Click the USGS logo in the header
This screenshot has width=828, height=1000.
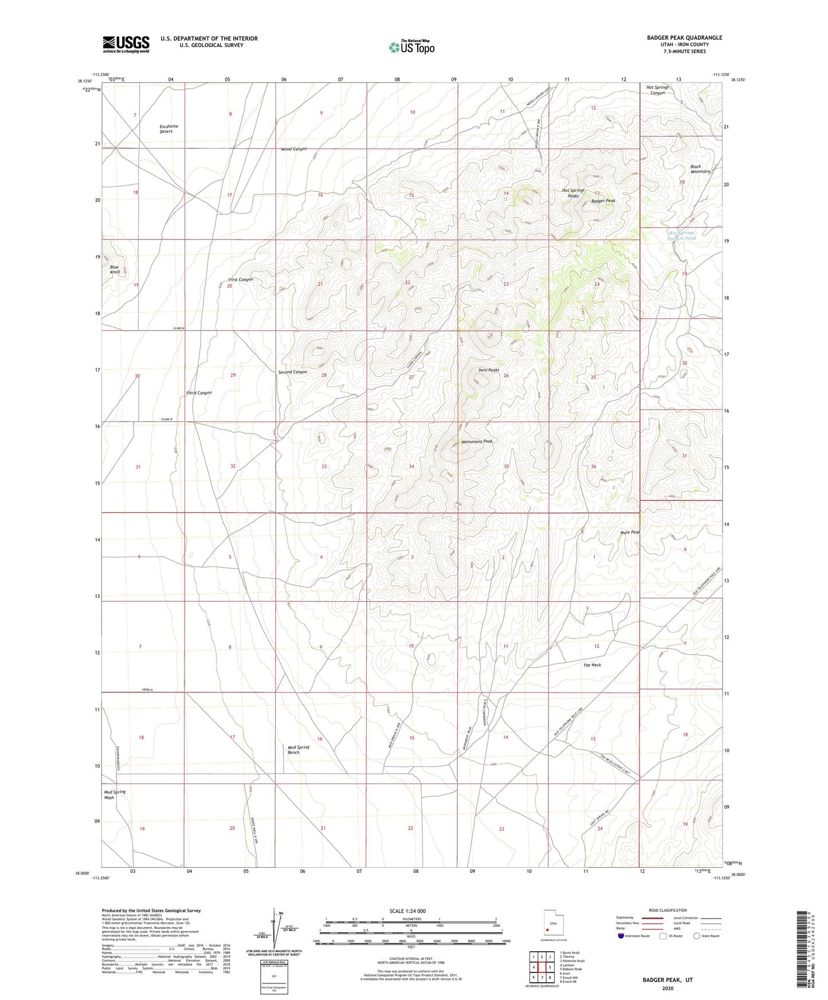click(126, 44)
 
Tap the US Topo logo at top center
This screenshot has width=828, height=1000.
click(411, 47)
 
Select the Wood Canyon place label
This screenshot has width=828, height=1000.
click(294, 149)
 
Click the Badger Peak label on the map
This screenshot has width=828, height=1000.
click(603, 201)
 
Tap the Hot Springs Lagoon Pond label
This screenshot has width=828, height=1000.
click(682, 235)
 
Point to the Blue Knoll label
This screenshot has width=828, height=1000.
click(115, 269)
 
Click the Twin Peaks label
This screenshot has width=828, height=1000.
click(489, 371)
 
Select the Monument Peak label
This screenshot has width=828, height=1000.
click(477, 442)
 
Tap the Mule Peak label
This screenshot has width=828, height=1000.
click(630, 532)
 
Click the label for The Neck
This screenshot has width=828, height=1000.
click(592, 665)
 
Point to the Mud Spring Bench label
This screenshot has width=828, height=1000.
click(298, 750)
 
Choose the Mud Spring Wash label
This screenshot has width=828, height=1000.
click(115, 794)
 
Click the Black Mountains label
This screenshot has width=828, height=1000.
click(700, 169)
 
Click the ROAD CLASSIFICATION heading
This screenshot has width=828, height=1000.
click(668, 910)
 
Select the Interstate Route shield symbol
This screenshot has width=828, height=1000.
click(622, 936)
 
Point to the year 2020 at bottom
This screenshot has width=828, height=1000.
click(667, 989)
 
